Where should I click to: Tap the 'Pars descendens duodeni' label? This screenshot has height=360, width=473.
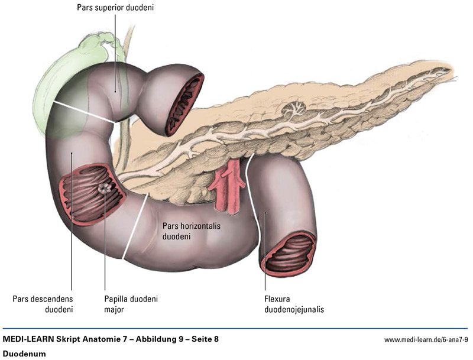43,304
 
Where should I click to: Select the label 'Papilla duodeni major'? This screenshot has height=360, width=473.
131,304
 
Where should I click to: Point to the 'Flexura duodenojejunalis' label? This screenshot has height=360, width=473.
294,304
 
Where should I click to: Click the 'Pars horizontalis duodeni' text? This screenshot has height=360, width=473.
189,231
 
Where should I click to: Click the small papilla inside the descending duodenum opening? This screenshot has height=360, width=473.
105,188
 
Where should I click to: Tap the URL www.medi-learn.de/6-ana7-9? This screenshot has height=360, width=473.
426,340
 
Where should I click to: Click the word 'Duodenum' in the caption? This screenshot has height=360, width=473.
24,353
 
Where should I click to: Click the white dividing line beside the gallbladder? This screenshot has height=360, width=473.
82,112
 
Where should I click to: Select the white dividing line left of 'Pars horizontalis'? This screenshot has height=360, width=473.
135,226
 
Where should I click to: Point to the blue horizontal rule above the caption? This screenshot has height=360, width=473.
237,329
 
